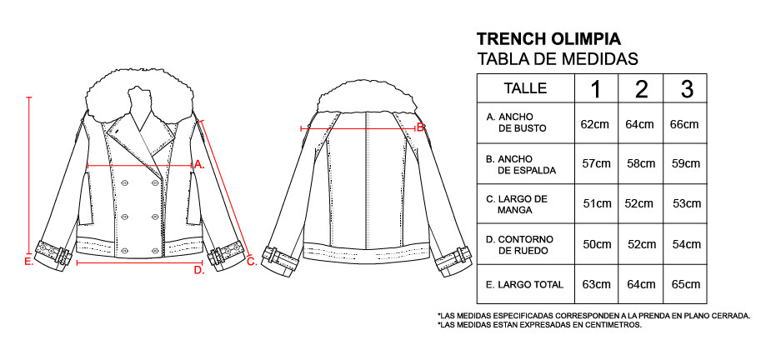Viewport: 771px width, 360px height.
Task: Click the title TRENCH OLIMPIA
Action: (x=548, y=39)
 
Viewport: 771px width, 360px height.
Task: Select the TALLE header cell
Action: (x=525, y=88)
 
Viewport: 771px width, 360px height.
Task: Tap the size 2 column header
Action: (x=641, y=88)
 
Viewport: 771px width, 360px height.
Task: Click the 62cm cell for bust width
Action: (x=595, y=124)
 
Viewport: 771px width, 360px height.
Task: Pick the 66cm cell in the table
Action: (x=684, y=124)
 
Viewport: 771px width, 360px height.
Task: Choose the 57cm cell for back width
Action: (x=597, y=164)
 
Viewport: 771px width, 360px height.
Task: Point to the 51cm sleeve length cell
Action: (x=598, y=203)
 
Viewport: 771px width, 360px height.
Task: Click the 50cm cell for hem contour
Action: (x=597, y=244)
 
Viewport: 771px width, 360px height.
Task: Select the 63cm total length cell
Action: (x=596, y=284)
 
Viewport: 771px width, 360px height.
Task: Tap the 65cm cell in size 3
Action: (x=686, y=284)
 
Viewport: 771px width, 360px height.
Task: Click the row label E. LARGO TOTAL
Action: (x=524, y=284)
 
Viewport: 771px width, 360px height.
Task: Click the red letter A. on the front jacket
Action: (x=199, y=165)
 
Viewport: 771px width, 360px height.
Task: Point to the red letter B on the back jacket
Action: (x=420, y=128)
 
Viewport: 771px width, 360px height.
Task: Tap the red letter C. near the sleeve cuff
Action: (x=252, y=262)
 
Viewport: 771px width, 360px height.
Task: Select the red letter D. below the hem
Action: (x=199, y=270)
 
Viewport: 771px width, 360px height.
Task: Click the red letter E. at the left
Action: (x=28, y=262)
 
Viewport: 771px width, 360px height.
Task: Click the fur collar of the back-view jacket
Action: (x=368, y=96)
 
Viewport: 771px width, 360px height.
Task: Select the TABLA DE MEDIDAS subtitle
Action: (x=558, y=59)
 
